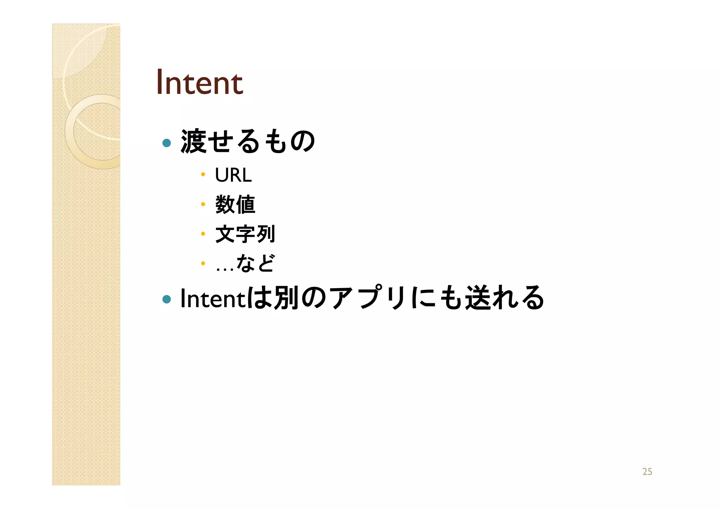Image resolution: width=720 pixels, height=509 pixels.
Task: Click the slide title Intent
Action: (x=199, y=83)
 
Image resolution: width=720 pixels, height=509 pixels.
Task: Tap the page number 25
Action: (x=647, y=472)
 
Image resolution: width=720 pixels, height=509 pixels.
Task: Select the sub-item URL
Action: (x=233, y=175)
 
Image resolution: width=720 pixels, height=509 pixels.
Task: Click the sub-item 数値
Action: (x=235, y=204)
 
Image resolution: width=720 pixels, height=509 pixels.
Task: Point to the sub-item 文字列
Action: (x=245, y=234)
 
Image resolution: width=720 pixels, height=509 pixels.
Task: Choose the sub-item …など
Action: (x=245, y=263)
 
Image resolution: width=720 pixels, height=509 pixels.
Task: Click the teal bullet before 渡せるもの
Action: (x=167, y=143)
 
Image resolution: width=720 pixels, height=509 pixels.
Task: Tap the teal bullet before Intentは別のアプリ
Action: (x=167, y=299)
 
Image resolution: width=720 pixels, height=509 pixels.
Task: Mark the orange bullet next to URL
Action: (x=203, y=174)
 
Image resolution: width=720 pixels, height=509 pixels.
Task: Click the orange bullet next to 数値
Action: (x=203, y=204)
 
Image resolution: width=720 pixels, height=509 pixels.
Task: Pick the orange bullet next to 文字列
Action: (x=203, y=234)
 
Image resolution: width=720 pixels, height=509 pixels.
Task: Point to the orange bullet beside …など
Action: (x=203, y=263)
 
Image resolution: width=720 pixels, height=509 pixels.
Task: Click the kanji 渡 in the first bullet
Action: (x=193, y=141)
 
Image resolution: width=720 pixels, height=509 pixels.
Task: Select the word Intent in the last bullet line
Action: (x=212, y=298)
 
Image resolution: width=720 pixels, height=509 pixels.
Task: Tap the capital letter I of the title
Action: (x=159, y=83)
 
